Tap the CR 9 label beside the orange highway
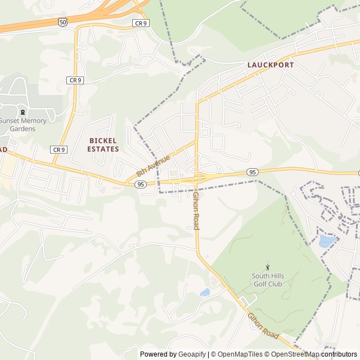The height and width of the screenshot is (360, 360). pyautogui.click(x=140, y=23)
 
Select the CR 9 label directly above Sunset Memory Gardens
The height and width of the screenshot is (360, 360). pyautogui.click(x=75, y=80)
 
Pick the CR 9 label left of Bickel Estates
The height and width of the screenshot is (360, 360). pyautogui.click(x=58, y=150)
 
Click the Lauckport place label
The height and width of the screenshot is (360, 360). pyautogui.click(x=270, y=65)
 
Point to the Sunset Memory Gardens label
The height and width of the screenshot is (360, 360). pyautogui.click(x=25, y=124)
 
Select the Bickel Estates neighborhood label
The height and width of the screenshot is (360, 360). pyautogui.click(x=104, y=145)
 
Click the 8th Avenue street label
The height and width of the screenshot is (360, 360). pyautogui.click(x=153, y=166)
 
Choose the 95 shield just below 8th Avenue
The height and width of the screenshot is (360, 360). pyautogui.click(x=141, y=184)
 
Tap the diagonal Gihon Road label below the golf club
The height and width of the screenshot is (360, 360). pyautogui.click(x=263, y=326)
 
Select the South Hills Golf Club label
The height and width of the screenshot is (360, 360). pyautogui.click(x=267, y=280)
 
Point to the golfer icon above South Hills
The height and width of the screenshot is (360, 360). pyautogui.click(x=267, y=267)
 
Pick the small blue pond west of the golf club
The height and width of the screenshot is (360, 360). pyautogui.click(x=205, y=292)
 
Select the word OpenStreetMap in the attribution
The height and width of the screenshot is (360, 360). pyautogui.click(x=294, y=354)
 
